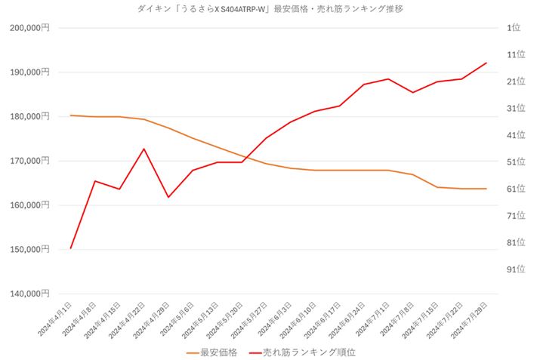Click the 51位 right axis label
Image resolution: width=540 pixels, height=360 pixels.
point(517,162)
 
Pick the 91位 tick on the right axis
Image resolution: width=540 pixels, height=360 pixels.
point(517,269)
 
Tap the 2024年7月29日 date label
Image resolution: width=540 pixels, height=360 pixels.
point(471,320)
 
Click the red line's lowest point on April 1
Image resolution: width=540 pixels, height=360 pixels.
point(70,248)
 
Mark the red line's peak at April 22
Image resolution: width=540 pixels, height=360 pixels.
point(143,149)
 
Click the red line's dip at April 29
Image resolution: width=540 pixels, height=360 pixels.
point(168,197)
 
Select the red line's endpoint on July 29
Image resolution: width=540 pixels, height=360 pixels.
point(486,63)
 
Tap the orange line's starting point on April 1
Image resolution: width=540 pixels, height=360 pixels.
point(70,115)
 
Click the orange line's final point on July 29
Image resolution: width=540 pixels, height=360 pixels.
point(486,189)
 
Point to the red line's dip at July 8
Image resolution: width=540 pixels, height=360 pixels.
point(412,92)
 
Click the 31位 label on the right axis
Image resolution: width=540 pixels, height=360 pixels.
point(517,108)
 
